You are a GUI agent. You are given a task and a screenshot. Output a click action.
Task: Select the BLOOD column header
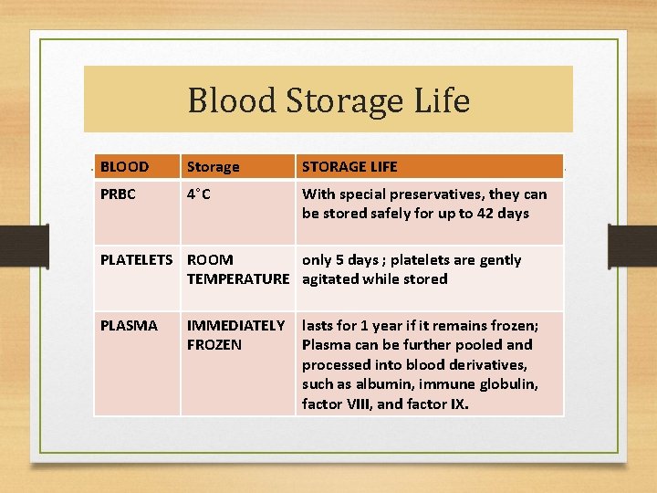pos(125,167)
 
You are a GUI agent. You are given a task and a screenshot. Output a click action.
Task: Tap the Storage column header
pos(213,167)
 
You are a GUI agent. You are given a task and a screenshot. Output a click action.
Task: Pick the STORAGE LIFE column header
pos(349,167)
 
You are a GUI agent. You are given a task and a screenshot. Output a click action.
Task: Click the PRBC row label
pos(120,194)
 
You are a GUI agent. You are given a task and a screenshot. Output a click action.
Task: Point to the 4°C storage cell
pos(199,194)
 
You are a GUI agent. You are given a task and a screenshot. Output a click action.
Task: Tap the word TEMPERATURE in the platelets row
pos(238,279)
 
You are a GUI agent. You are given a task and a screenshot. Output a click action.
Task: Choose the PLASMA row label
pos(129,326)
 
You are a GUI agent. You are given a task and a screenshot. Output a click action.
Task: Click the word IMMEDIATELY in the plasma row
pos(235,326)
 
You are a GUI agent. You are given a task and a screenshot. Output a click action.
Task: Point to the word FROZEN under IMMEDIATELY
pos(214,345)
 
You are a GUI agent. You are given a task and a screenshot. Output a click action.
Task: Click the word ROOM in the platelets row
pos(209,260)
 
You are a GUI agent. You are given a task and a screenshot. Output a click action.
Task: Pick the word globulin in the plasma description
pos(507,384)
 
